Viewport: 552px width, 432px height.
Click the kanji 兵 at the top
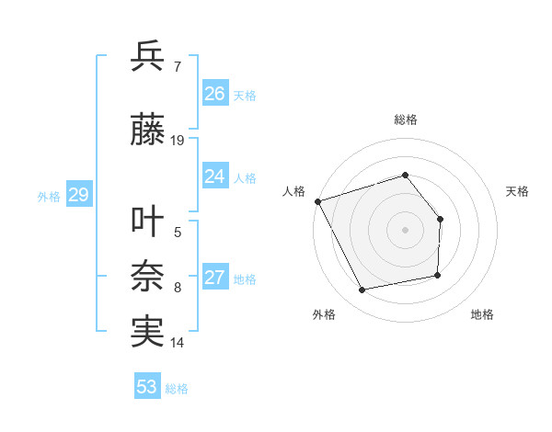[x=147, y=57]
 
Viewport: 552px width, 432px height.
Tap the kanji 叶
[x=147, y=222]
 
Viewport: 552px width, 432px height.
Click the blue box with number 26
[x=215, y=94]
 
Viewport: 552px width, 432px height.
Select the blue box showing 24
[x=215, y=176]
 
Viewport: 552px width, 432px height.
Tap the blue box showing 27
[x=215, y=278]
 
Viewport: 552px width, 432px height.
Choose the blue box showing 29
[x=78, y=195]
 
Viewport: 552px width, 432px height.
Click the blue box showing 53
[x=147, y=387]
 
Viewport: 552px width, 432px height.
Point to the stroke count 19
[x=178, y=141]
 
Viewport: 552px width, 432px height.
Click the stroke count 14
[x=178, y=343]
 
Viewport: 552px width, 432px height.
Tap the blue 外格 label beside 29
[x=49, y=196]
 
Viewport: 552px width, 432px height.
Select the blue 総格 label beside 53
[x=177, y=388]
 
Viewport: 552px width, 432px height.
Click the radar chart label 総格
[x=405, y=119]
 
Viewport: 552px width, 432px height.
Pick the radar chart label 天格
[x=518, y=191]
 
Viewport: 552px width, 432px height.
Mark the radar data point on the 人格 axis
[x=317, y=201]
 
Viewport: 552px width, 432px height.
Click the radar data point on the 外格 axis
[x=362, y=290]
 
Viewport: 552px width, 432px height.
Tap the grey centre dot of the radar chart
[x=405, y=230]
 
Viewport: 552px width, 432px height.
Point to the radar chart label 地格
[x=482, y=315]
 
